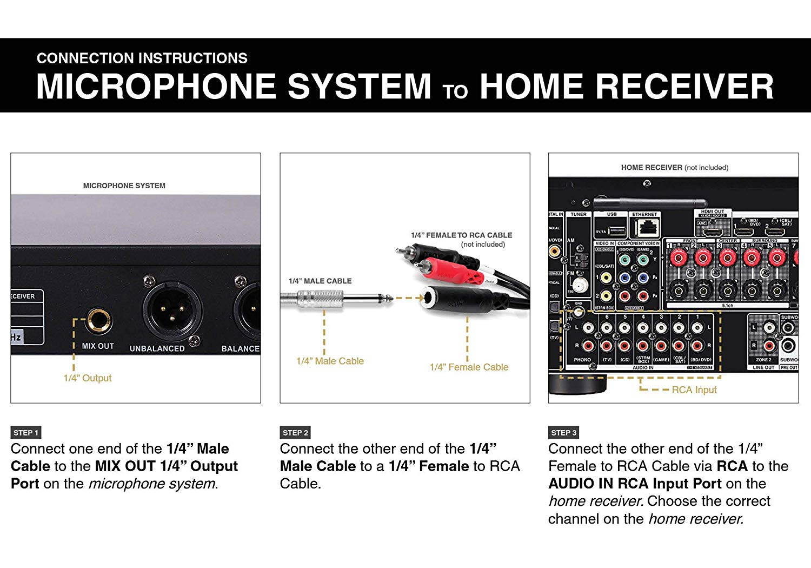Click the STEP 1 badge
click(x=26, y=433)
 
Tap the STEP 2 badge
click(x=295, y=433)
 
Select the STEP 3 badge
click(x=564, y=433)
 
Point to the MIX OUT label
click(x=98, y=346)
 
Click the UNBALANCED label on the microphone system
click(x=157, y=349)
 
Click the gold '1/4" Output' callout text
click(x=88, y=378)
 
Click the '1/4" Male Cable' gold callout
click(x=330, y=361)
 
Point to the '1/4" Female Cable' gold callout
click(x=469, y=367)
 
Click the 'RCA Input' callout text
click(x=694, y=389)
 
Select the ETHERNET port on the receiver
click(x=644, y=228)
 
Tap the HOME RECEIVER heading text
click(x=674, y=168)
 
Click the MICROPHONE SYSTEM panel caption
click(x=124, y=186)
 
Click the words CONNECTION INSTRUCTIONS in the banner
click(x=142, y=58)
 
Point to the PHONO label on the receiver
click(x=582, y=359)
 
